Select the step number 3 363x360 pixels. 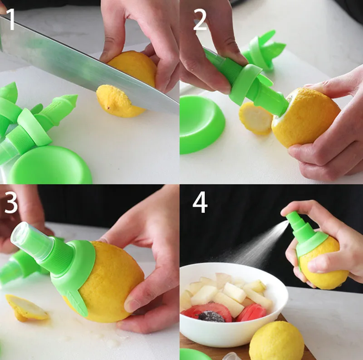click(x=11, y=204)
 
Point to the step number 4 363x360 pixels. click(x=200, y=203)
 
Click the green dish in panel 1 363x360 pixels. click(x=50, y=165)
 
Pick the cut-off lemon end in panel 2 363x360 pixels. click(x=255, y=118)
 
